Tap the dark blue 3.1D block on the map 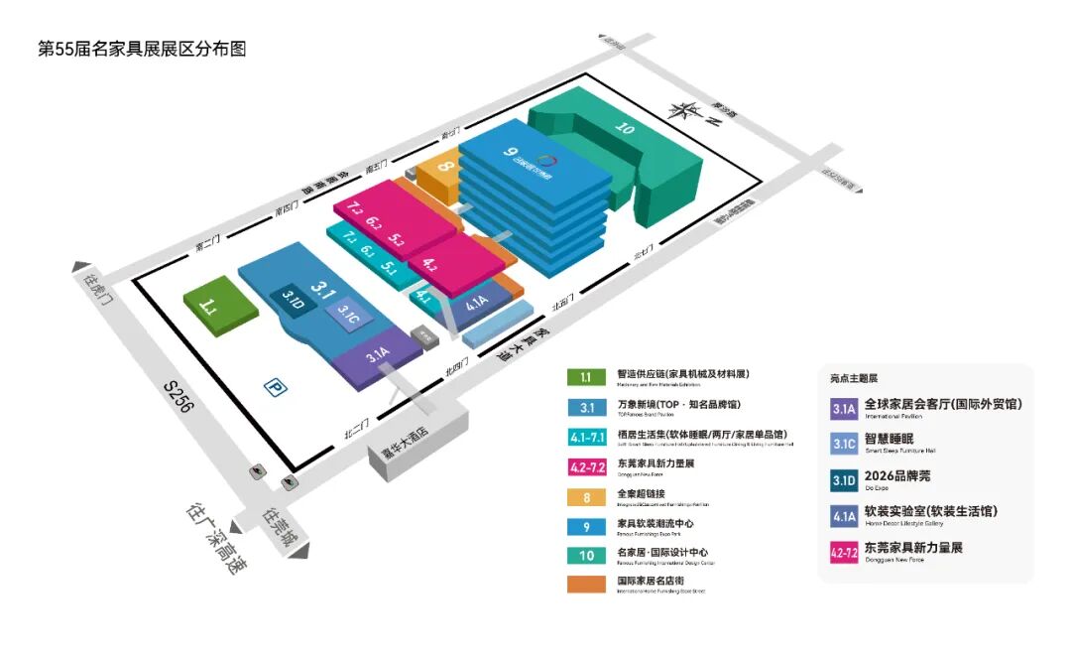(x=292, y=300)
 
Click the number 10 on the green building (x=624, y=127)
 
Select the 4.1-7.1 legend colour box (x=586, y=436)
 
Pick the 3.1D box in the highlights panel (x=844, y=480)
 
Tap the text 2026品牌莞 (x=898, y=476)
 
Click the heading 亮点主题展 (x=854, y=378)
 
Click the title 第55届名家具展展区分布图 (x=141, y=48)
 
